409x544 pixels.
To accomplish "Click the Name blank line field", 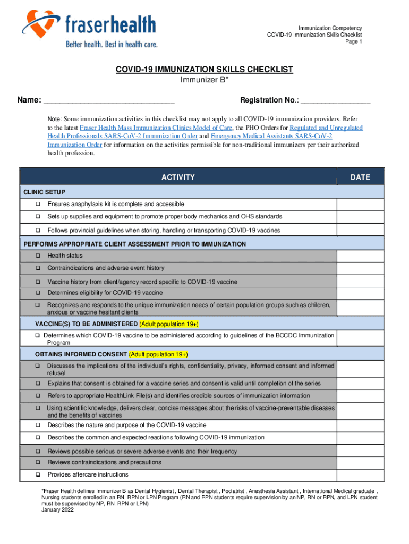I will pos(109,101).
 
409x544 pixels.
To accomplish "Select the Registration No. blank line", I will pos(335,101).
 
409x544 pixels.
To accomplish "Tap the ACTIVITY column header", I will pos(178,177).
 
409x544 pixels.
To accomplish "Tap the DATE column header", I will pos(360,177).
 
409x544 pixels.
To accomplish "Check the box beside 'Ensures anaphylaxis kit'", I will pos(38,205).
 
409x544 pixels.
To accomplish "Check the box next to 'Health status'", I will pos(38,256).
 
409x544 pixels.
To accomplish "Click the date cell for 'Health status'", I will pos(360,256).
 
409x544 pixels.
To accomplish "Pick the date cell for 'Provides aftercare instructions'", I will pos(360,474).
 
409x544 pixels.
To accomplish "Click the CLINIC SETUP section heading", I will pos(45,192).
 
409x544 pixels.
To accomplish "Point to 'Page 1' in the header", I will pos(354,42).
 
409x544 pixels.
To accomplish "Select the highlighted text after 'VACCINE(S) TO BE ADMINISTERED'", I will pos(169,324).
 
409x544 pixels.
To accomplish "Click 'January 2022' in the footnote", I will pos(58,510).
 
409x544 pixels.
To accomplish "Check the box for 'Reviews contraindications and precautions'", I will pos(38,462).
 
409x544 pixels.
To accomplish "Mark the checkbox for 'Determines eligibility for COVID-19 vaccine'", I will pos(38,293).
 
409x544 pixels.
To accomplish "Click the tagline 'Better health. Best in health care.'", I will pos(112,45).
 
